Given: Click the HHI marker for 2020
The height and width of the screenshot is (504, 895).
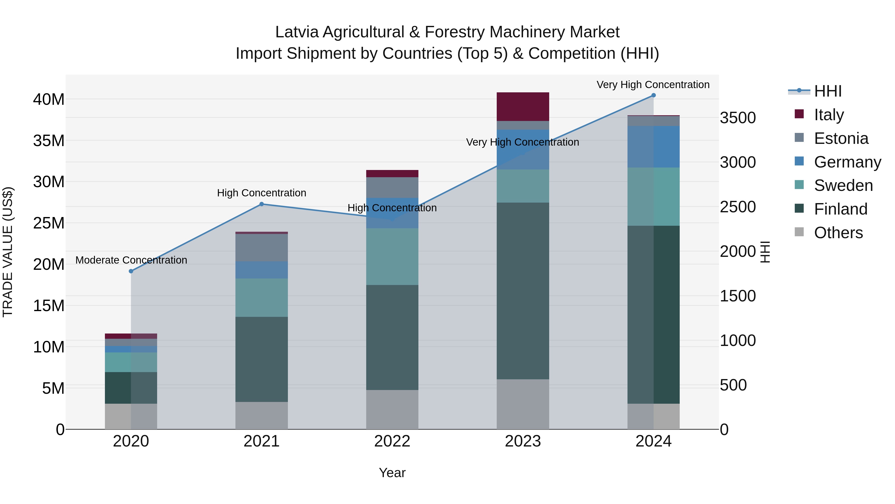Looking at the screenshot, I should coord(131,271).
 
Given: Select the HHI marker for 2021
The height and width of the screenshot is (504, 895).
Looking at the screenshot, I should coord(262,204).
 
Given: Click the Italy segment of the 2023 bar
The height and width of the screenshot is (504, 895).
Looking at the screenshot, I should coord(523,107).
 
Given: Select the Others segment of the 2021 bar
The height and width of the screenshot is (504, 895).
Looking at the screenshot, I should coord(262,416).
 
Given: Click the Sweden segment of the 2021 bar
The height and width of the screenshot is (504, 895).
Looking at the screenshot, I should coord(262,298).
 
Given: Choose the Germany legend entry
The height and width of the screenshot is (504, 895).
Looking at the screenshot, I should coord(847,162).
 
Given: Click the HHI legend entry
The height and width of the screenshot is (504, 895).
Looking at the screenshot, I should coord(828,91).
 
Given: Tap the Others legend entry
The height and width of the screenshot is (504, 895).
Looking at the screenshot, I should coord(838,233).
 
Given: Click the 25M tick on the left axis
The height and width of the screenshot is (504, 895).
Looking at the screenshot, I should coord(49,223).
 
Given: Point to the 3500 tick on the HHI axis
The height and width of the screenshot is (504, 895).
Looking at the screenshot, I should coord(738,118).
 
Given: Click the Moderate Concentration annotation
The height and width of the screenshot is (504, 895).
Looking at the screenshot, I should coord(131,260).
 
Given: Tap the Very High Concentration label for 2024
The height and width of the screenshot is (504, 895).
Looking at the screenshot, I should coord(653,85).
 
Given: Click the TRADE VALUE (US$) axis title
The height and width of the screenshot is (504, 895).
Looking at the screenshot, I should coord(8,252).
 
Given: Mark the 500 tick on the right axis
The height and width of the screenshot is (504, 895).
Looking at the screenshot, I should coord(733,385).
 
